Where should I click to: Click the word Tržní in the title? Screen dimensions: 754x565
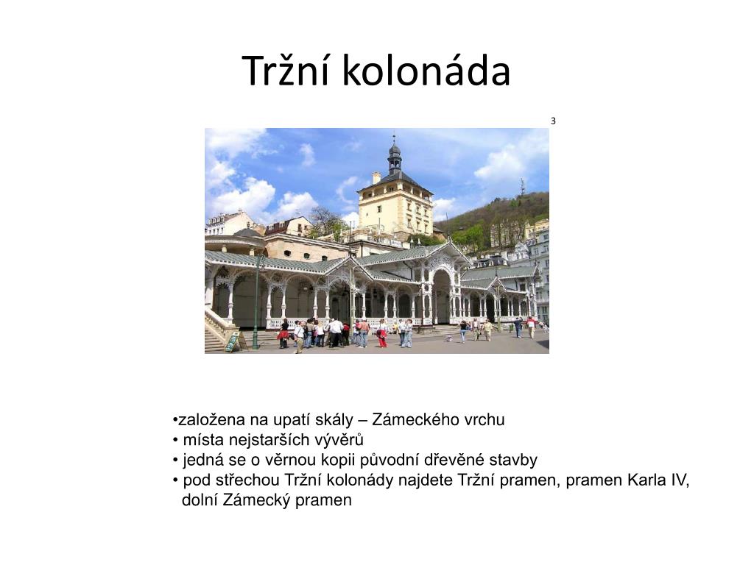[x=286, y=70]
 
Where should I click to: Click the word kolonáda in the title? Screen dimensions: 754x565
[x=426, y=70]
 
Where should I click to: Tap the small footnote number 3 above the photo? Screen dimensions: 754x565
[x=553, y=121]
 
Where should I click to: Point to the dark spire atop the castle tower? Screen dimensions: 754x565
[x=395, y=156]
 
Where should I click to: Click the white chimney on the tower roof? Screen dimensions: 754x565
[x=376, y=177]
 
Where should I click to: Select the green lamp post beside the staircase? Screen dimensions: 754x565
[x=257, y=302]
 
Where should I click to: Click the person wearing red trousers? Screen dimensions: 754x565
[x=382, y=334]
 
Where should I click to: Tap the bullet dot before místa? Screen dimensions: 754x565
[x=175, y=441]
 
